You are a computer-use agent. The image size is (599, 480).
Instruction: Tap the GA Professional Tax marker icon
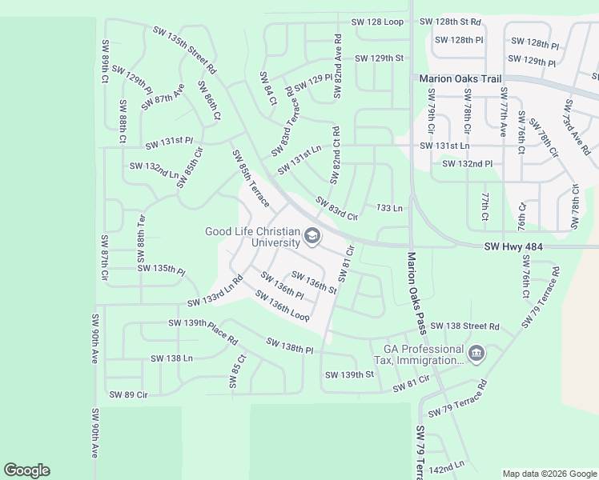coord(476,354)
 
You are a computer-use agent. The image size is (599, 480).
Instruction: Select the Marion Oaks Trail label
coord(460,79)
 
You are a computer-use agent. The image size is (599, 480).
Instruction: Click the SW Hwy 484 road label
coord(513,249)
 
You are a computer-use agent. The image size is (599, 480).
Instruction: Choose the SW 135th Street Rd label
coord(185,50)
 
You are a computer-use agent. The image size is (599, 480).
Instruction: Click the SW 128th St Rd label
coord(452,22)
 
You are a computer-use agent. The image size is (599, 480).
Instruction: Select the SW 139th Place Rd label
coord(203,331)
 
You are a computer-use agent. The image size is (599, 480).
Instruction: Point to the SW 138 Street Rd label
coord(464,326)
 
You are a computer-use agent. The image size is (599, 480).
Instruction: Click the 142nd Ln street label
coord(446,465)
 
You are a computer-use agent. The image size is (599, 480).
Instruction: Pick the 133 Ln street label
coord(388,208)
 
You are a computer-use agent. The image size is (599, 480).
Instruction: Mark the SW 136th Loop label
coord(282,306)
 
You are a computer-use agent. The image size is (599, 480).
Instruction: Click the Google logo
coord(26,470)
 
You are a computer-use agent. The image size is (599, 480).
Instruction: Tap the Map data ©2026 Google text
coord(549,474)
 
